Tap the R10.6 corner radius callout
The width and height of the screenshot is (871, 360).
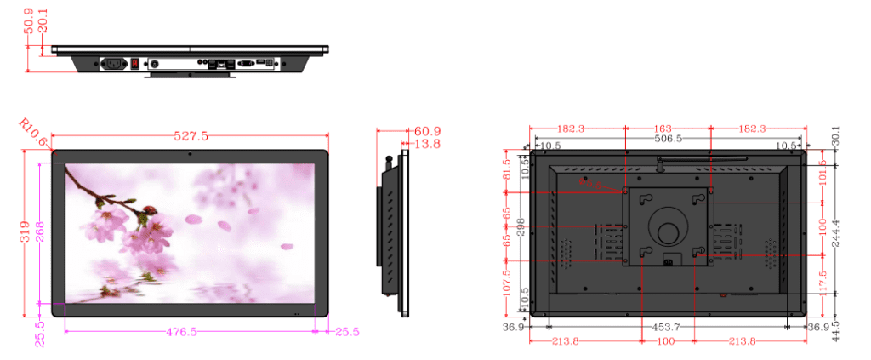pos(31,132)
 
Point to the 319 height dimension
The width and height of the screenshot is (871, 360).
pos(26,231)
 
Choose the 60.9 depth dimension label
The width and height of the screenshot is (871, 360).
pos(427,131)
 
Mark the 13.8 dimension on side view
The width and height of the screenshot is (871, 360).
pos(427,144)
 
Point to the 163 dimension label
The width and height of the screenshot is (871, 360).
pos(668,129)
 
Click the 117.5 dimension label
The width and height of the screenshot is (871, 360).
pos(823,277)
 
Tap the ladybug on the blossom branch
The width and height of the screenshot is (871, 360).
pos(151,210)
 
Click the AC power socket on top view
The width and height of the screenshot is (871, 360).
pos(114,63)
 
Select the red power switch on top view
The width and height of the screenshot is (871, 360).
pos(134,63)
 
